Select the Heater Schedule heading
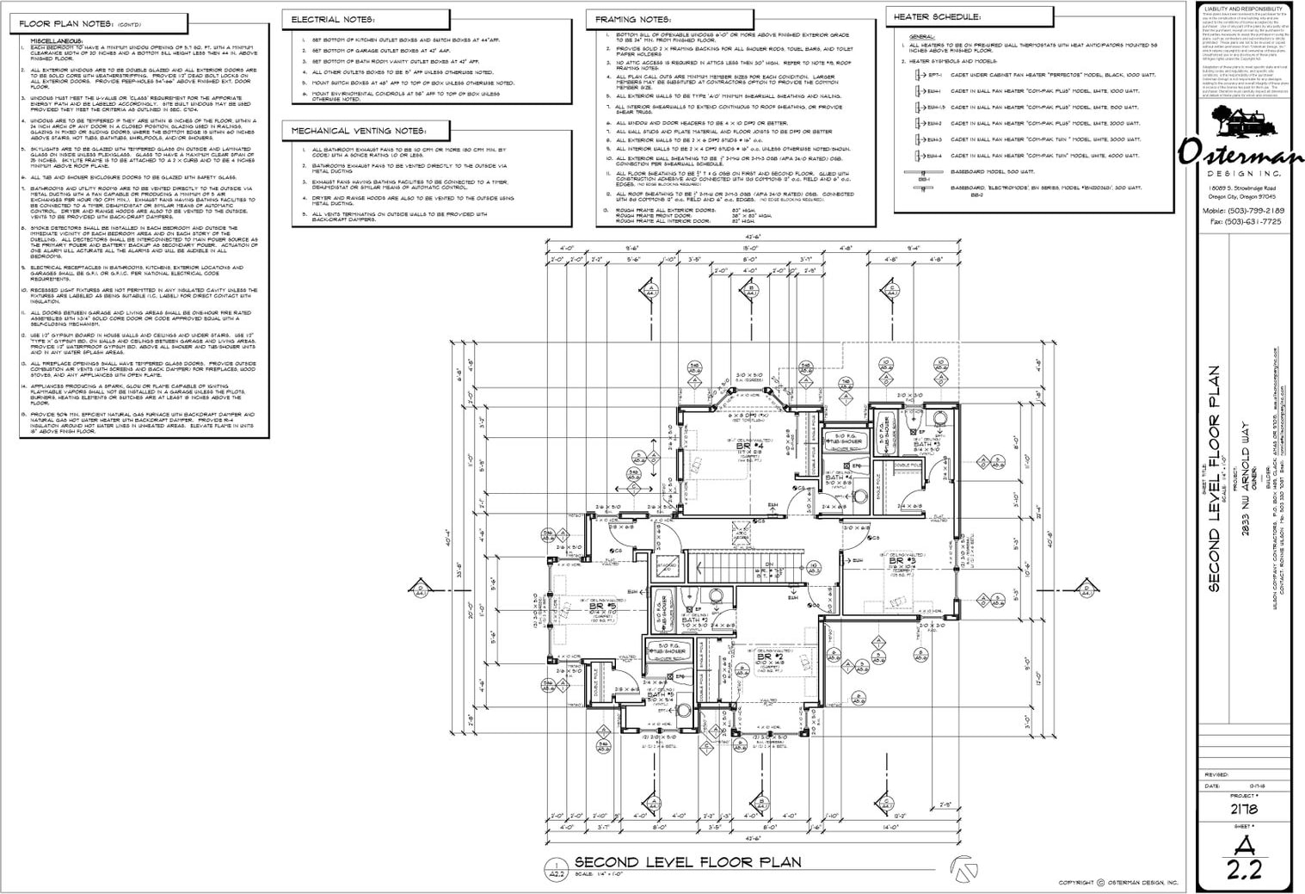click(936, 16)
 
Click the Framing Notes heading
click(633, 18)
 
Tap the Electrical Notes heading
click(332, 18)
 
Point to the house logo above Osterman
click(1247, 127)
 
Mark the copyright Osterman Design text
click(1118, 882)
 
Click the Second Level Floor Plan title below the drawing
click(687, 862)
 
